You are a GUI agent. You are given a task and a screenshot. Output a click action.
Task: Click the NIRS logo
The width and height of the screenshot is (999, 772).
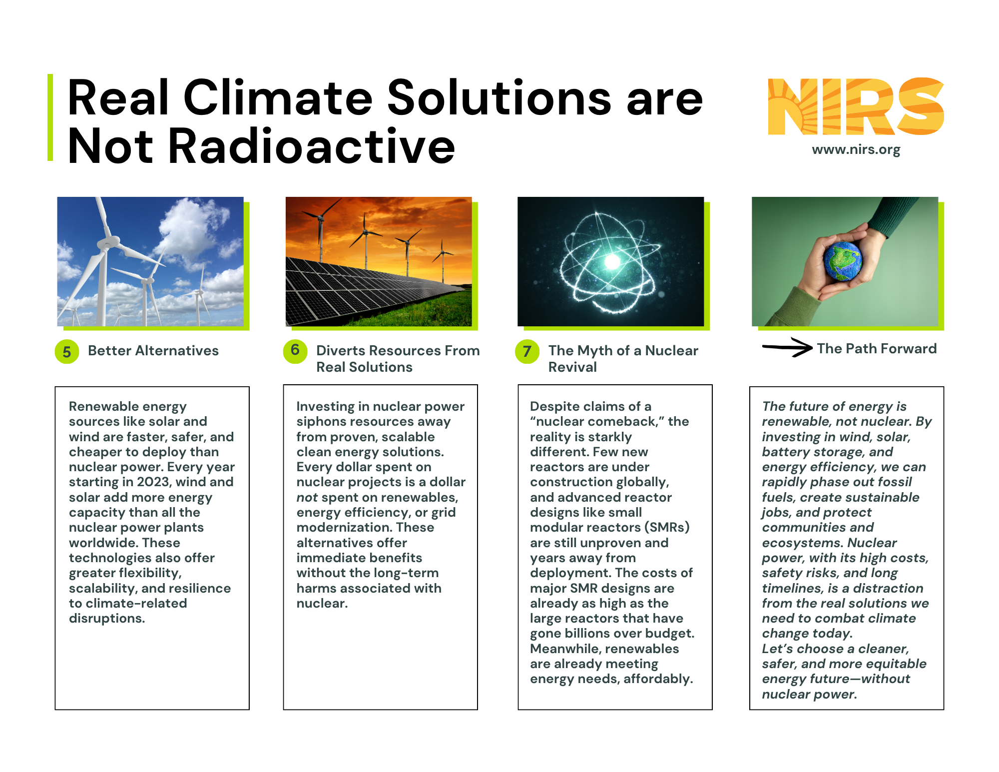[856, 106]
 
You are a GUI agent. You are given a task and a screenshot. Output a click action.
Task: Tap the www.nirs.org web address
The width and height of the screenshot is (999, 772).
[856, 149]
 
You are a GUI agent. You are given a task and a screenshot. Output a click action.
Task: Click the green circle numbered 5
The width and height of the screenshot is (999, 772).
[67, 352]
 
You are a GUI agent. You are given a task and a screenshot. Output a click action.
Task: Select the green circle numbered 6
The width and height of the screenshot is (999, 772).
[295, 350]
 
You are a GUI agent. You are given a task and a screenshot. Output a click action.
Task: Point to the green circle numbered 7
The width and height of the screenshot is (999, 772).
[527, 351]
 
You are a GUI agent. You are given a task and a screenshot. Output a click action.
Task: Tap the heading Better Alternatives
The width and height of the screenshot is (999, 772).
[153, 351]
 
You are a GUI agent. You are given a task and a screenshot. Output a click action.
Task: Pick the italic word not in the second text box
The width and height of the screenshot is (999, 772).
[307, 498]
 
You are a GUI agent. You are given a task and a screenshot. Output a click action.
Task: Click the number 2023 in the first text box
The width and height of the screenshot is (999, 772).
[154, 482]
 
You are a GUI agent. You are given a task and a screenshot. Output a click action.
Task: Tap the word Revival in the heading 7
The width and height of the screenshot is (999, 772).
[572, 367]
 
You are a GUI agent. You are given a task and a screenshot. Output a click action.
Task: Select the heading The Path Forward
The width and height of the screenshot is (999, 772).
[877, 349]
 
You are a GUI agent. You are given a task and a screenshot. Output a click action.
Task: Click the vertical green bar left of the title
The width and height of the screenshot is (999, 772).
[50, 117]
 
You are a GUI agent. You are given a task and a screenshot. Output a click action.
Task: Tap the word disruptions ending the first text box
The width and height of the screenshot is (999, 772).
[107, 619]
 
